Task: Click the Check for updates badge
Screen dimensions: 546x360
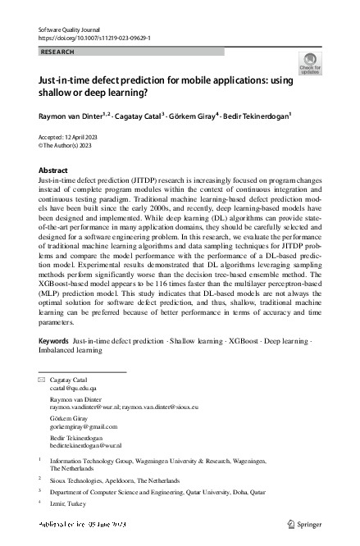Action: (310, 63)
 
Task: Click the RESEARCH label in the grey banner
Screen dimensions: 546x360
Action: (57, 51)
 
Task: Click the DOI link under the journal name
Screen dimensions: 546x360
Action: (95, 38)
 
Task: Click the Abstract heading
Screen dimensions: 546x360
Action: (53, 170)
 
